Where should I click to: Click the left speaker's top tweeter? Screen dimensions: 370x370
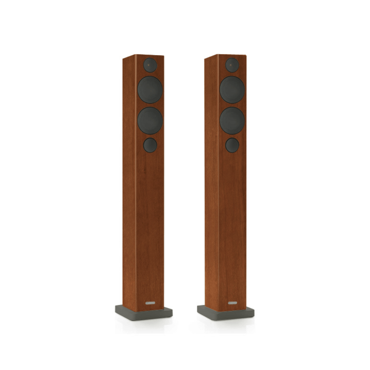coord(150,65)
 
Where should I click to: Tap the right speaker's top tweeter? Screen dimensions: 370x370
coord(232,65)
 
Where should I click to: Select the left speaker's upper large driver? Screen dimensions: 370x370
coord(150,90)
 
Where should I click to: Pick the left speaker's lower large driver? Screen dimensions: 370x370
coord(150,121)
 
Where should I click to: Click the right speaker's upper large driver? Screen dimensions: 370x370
coord(232,90)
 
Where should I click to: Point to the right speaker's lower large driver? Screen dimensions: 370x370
coord(232,121)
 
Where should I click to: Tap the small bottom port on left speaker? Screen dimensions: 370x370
coord(150,145)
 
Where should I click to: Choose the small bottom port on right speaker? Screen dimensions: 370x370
coord(232,145)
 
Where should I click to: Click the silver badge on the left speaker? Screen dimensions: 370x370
coord(150,303)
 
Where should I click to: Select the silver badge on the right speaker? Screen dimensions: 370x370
coord(232,303)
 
